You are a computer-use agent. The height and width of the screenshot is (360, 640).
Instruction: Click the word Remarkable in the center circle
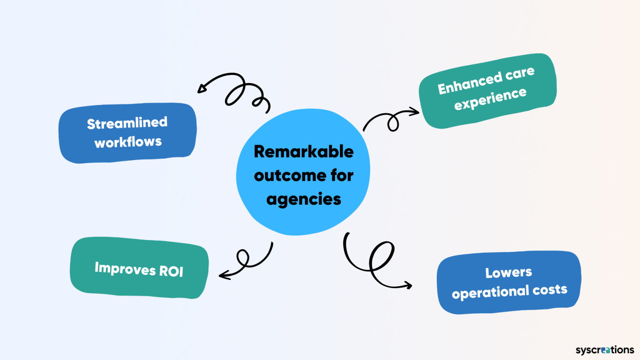click(304, 152)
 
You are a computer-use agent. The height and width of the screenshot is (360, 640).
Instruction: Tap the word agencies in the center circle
click(304, 200)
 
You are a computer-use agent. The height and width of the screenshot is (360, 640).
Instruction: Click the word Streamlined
click(127, 123)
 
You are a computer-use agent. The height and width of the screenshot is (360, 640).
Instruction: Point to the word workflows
click(128, 142)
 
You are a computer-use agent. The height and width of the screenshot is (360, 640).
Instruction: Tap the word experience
click(490, 99)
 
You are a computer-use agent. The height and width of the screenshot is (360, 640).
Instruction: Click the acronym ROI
click(171, 272)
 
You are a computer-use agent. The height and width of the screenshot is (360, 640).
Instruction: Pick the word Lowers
click(508, 272)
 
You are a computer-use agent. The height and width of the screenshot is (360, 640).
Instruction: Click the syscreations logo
click(605, 350)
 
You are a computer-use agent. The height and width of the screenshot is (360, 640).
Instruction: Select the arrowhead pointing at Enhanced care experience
click(415, 111)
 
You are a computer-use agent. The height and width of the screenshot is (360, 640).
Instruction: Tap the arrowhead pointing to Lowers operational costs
click(408, 285)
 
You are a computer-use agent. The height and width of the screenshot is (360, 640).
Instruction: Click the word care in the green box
click(520, 74)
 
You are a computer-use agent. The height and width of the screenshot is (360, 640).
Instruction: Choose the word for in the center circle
click(342, 175)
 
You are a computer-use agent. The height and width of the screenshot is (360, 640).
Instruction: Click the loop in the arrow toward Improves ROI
click(243, 257)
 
